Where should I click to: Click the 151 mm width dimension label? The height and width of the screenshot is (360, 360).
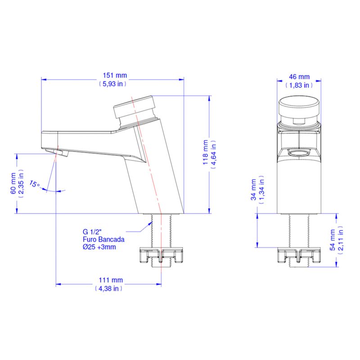click(x=115, y=75)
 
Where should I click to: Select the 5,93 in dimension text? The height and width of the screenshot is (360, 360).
click(x=112, y=84)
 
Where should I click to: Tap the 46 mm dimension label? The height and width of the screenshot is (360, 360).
click(x=299, y=76)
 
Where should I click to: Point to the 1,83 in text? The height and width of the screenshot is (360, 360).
click(x=299, y=85)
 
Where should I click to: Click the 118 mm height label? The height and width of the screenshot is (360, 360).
click(x=205, y=152)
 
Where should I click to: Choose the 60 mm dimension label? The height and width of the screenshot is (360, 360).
click(x=13, y=184)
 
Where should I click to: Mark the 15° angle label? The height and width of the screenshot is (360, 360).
click(x=35, y=184)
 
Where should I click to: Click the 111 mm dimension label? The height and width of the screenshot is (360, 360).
click(x=111, y=280)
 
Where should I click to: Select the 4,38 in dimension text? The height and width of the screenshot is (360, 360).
click(x=108, y=288)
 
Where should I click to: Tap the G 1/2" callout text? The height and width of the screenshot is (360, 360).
click(x=92, y=232)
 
